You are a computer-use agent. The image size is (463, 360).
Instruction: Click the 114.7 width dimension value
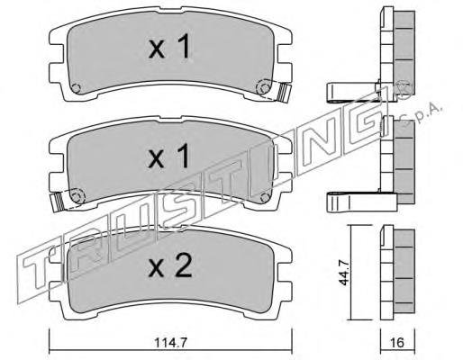(x=170, y=342)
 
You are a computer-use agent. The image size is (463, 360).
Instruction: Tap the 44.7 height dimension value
(x=344, y=273)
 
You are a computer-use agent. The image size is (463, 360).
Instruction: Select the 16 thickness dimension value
(x=398, y=342)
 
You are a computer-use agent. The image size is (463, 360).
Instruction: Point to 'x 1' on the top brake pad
(x=169, y=46)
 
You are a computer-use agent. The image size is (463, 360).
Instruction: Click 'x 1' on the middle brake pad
(x=169, y=156)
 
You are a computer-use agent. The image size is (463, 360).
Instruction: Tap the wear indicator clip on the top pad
(x=284, y=93)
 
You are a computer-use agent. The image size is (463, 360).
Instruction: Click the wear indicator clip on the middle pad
(x=58, y=202)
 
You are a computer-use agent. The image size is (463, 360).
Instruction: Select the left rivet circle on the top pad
(x=77, y=88)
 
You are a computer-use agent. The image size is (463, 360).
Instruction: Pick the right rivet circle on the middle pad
(x=265, y=197)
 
